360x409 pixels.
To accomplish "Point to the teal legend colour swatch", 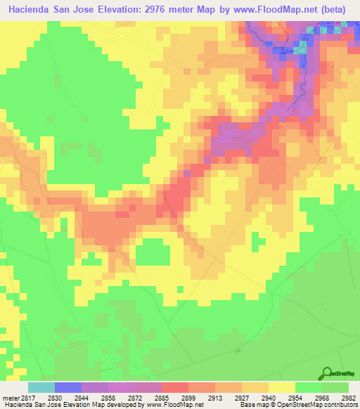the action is click(41, 387).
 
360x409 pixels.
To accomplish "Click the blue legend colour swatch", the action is click(68, 387).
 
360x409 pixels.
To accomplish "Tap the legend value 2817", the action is click(26, 398).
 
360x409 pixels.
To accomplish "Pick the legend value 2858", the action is click(108, 398).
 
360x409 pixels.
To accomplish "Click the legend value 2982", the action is click(347, 398).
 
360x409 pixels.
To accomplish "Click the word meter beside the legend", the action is click(8, 398).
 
